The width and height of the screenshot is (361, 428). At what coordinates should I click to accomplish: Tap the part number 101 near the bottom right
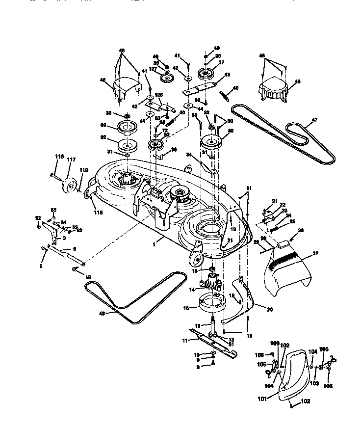pyautogui.click(x=263, y=399)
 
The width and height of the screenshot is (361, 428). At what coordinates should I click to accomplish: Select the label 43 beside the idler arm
pyautogui.click(x=227, y=75)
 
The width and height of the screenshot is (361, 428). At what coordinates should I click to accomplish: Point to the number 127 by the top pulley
pyautogui.click(x=153, y=70)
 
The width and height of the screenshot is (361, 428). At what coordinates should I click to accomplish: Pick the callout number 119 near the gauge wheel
pyautogui.click(x=84, y=170)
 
